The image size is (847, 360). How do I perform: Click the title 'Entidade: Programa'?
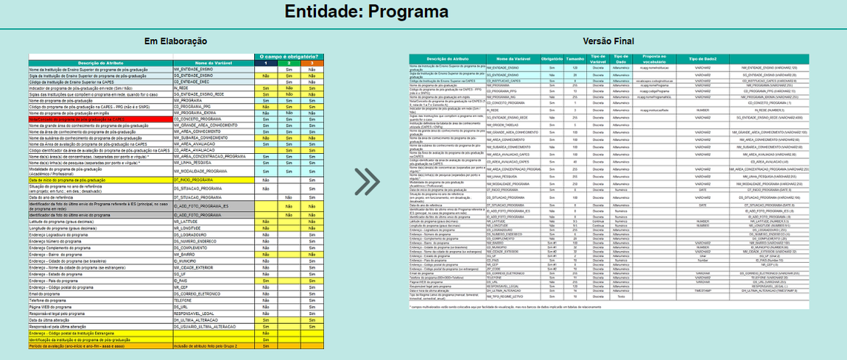pos(366,12)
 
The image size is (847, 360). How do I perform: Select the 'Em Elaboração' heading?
pos(175,41)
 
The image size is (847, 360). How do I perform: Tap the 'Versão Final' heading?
pos(608,41)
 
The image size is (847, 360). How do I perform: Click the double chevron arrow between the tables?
pos(366,182)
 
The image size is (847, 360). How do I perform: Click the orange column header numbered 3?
pos(311,63)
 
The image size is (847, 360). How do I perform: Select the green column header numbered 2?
pos(289,63)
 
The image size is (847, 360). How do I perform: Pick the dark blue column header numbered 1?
pos(265,63)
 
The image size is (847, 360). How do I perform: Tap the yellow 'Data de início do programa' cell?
pos(74,180)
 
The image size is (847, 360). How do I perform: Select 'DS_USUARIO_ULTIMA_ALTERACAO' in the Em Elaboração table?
pos(205,325)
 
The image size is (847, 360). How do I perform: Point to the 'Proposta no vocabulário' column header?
pos(654,58)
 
